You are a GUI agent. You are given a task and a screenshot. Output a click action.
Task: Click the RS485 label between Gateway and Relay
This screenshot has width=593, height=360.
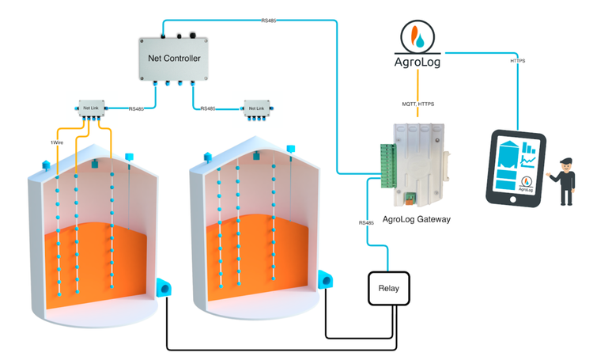coord(365,223)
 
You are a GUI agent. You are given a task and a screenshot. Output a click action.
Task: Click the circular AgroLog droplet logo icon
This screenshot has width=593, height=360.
coord(416,36)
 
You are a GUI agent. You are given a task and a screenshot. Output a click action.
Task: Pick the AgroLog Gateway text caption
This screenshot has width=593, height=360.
coord(416,219)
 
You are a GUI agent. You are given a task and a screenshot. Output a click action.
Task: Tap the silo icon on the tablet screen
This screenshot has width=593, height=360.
coord(508,150)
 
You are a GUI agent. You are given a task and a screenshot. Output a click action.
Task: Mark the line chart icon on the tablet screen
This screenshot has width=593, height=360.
coord(529,163)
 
